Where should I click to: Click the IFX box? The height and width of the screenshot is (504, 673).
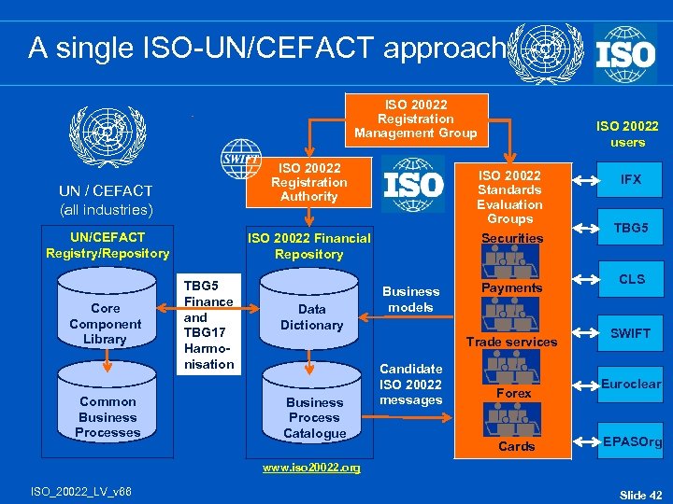(x=631, y=179)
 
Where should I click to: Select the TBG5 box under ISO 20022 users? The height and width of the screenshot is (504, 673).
(x=631, y=228)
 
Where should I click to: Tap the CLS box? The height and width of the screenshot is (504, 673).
(x=631, y=279)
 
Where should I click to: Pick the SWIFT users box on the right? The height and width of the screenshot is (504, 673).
(x=631, y=333)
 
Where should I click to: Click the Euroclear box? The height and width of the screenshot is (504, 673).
(x=631, y=384)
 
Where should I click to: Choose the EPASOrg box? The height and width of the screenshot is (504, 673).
(x=631, y=441)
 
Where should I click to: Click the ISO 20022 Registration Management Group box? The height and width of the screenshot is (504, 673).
(x=415, y=119)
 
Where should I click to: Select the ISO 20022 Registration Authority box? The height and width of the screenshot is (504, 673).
(x=308, y=182)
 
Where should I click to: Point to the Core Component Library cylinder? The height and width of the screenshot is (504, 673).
(x=105, y=323)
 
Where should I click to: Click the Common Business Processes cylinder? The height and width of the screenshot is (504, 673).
(x=107, y=416)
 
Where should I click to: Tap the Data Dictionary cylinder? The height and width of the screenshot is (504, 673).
(x=311, y=316)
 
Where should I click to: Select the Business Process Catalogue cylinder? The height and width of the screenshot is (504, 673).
(x=314, y=416)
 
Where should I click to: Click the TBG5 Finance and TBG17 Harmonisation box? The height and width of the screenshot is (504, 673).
(x=208, y=325)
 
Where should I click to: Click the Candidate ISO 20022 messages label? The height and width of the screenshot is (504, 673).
(x=410, y=385)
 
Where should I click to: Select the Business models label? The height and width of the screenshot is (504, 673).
(x=410, y=299)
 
